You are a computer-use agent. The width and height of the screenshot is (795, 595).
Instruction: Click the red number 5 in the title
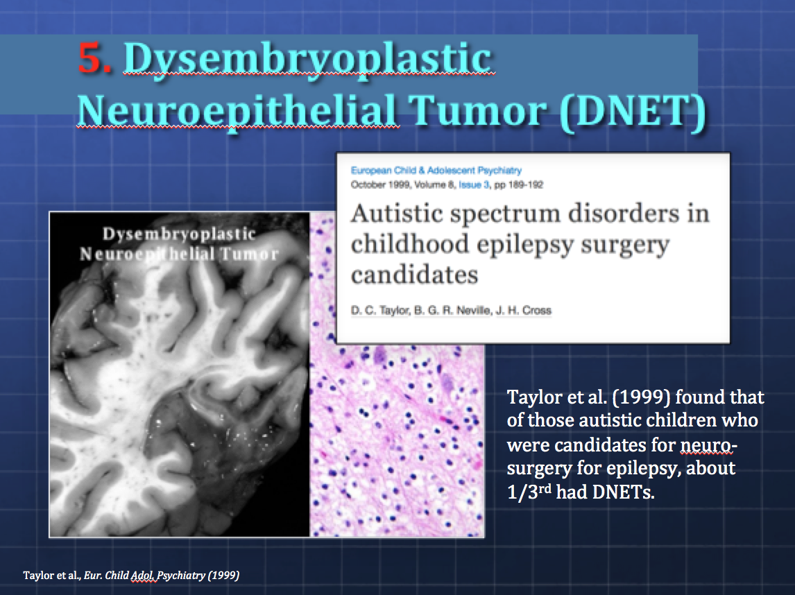click(94, 58)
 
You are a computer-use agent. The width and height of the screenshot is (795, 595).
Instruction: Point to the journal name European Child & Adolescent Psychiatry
click(436, 171)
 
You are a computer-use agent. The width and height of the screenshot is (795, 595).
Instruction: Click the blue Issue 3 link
click(474, 185)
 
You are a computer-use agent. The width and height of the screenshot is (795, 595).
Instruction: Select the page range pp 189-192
click(519, 185)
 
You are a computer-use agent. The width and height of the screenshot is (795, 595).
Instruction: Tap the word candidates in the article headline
click(414, 275)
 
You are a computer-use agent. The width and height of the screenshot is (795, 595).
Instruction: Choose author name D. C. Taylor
click(379, 310)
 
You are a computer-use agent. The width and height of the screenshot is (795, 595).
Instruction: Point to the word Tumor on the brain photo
click(250, 255)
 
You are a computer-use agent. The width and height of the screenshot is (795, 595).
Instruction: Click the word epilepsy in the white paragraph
click(643, 469)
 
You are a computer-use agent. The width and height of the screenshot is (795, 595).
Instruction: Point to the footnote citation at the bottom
click(131, 575)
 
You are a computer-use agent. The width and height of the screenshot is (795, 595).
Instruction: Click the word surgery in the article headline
click(625, 245)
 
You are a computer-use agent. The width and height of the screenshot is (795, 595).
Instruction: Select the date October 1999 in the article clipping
click(380, 185)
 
